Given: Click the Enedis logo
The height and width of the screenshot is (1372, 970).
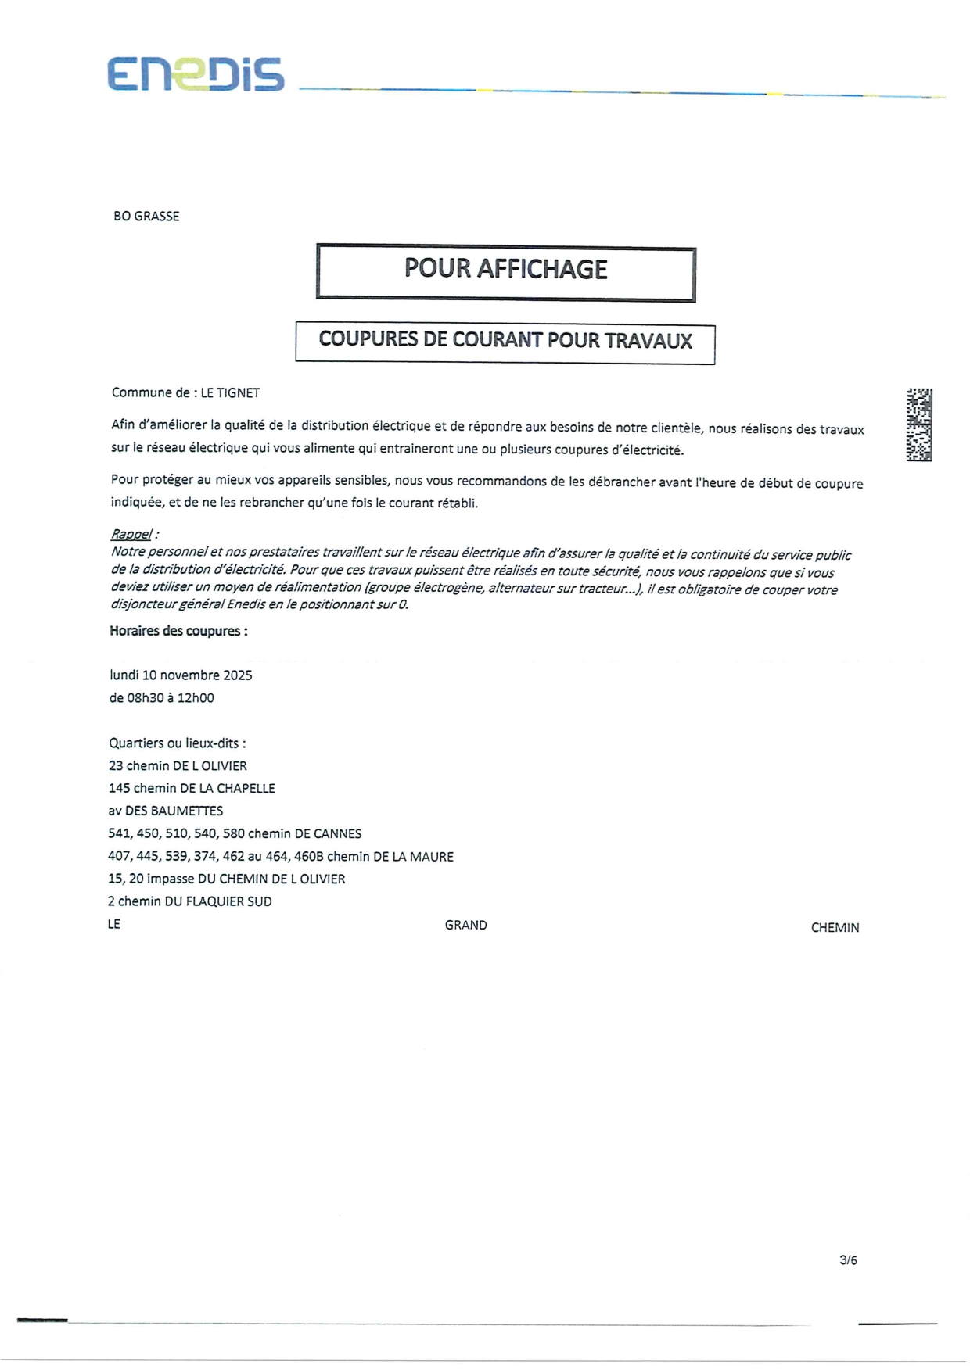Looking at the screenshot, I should (x=196, y=75).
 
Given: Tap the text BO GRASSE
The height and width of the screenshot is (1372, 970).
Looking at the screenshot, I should (x=146, y=217).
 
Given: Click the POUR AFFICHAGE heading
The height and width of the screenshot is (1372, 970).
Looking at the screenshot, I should (x=505, y=270).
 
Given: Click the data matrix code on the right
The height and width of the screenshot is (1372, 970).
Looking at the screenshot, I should (x=918, y=424).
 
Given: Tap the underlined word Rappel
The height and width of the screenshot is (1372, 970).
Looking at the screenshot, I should (x=131, y=535).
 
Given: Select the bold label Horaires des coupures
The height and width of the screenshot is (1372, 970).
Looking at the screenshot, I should (x=178, y=632).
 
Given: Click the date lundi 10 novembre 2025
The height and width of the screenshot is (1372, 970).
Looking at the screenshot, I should (x=181, y=675).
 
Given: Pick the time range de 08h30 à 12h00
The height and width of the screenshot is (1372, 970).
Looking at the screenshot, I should (x=161, y=698).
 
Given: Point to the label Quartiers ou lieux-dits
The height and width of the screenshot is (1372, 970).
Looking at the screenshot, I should (x=177, y=743).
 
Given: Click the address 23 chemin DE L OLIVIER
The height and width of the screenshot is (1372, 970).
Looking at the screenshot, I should (x=178, y=766).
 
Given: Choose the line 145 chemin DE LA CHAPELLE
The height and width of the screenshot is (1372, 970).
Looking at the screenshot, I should (x=192, y=789).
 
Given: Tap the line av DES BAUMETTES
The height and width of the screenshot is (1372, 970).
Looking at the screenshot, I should (x=165, y=811).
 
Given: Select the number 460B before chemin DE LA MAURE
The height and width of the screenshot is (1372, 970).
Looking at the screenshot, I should (x=308, y=857).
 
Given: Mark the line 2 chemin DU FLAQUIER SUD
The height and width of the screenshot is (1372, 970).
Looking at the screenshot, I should (x=189, y=902).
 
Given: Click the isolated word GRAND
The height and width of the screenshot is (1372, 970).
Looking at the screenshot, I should (x=465, y=926).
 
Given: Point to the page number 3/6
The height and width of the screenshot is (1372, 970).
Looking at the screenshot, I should (x=848, y=1260).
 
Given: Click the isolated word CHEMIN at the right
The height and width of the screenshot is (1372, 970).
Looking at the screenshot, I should (x=835, y=928).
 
